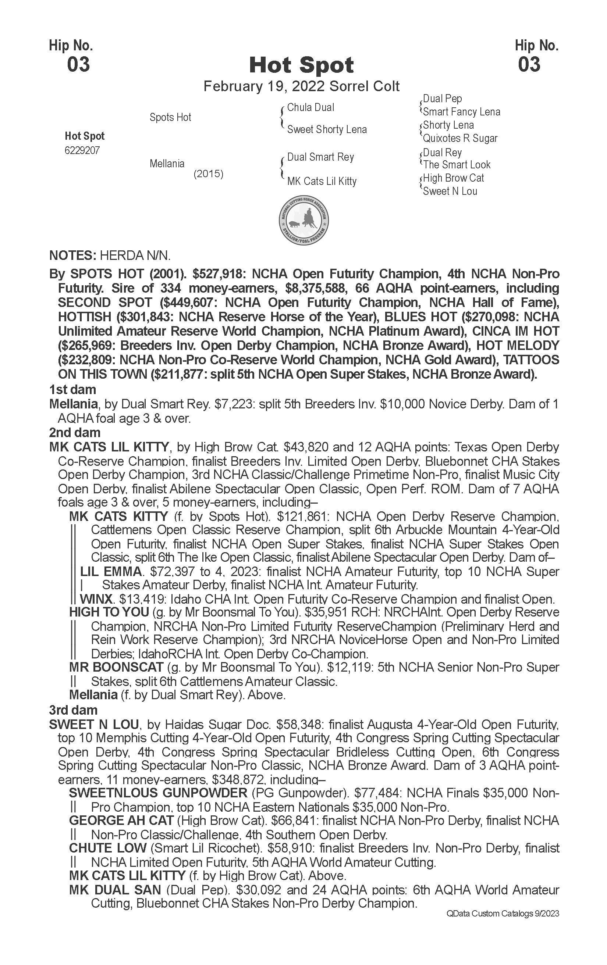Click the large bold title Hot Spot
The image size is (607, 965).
302,65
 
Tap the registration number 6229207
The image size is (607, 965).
82,151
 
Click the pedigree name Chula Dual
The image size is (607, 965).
310,107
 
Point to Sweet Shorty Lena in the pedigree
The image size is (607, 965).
327,129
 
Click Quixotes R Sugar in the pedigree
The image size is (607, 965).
460,138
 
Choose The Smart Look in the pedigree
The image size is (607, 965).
457,165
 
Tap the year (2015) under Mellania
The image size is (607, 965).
208,174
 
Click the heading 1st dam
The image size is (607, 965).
72,390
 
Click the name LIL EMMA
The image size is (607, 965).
111,572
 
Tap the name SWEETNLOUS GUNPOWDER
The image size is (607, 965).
158,793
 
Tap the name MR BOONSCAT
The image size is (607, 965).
116,667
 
